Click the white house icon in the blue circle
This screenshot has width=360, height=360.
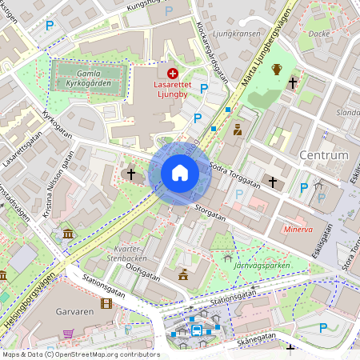pos(180,173)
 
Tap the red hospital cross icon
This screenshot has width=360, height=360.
pos(173,73)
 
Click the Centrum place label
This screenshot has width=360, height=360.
pos(323,154)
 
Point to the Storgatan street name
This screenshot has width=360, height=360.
pos(210,213)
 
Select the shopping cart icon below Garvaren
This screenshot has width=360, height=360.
pos(69,334)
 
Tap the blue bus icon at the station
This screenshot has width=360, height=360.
pos(196,330)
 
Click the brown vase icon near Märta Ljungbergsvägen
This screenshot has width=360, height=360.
pos(277,70)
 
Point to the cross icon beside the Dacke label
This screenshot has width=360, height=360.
pos(293,82)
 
